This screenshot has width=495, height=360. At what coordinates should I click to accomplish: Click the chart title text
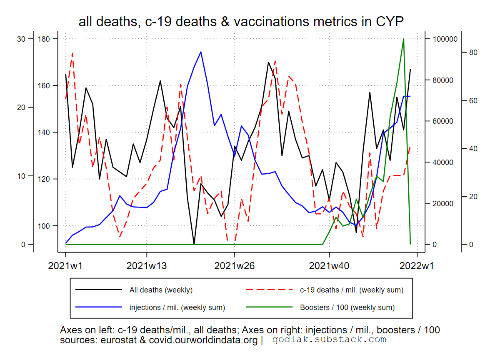point(241,22)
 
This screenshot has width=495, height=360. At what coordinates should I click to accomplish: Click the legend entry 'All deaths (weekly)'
point(161,290)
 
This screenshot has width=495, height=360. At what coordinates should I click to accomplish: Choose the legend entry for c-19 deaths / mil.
point(351,290)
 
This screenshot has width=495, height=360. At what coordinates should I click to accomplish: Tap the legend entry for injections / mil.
point(177,308)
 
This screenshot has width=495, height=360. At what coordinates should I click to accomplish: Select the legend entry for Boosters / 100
point(347,308)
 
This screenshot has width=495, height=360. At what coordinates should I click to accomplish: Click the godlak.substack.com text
point(329,340)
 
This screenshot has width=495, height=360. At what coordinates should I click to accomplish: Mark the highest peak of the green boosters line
point(403,39)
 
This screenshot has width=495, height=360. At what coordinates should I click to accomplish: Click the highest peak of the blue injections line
point(201,52)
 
